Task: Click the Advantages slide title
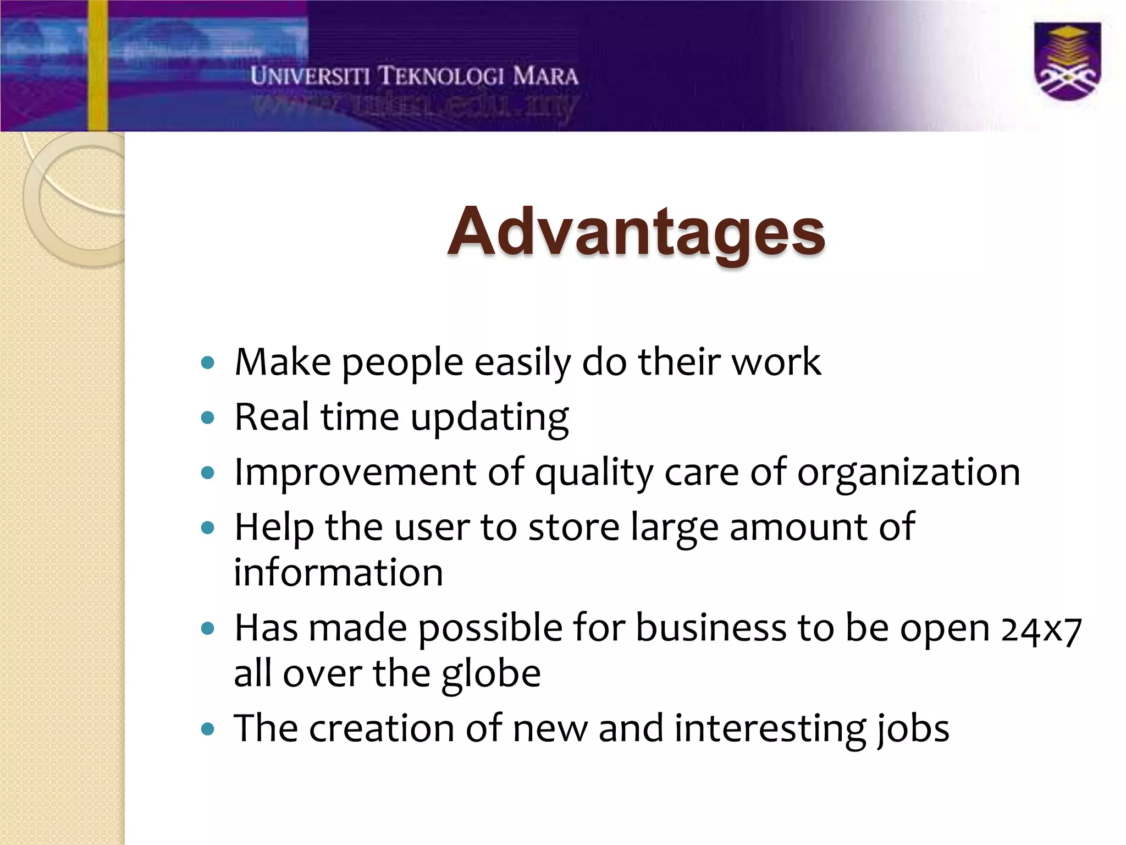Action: (636, 232)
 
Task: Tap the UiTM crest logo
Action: (1067, 62)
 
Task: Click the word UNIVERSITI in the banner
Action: (310, 76)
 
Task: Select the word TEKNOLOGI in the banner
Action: (441, 76)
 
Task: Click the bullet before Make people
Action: (207, 363)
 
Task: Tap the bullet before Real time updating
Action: (207, 418)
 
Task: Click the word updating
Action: (489, 418)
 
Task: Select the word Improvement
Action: (355, 472)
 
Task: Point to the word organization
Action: (908, 472)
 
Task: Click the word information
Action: (338, 573)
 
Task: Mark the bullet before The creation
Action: (207, 729)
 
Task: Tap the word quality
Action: (594, 473)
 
